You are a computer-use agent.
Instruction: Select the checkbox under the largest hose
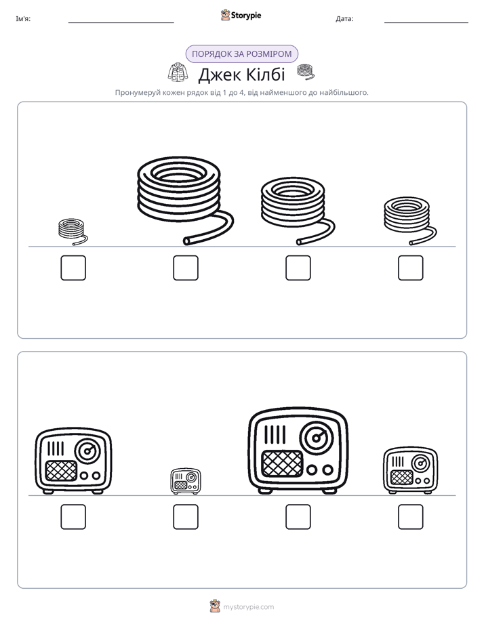[x=186, y=268]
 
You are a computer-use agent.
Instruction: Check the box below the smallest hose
[x=73, y=268]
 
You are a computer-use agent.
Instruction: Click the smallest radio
[x=186, y=481]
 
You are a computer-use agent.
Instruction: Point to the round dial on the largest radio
[x=317, y=438]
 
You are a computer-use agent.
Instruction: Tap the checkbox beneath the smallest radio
[x=186, y=517]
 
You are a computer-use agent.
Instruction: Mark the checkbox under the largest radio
[x=298, y=517]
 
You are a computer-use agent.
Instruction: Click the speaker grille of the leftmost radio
[x=61, y=471]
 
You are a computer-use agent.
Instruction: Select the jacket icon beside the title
[x=178, y=72]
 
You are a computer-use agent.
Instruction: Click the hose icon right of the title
[x=306, y=72]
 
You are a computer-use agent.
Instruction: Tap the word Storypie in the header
[x=246, y=15]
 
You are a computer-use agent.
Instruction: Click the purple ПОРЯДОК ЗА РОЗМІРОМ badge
[x=241, y=54]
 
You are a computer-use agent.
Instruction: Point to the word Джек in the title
[x=218, y=75]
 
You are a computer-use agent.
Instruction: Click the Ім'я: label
[x=23, y=18]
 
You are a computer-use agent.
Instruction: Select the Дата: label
[x=344, y=18]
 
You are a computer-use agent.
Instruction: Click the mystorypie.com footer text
[x=248, y=607]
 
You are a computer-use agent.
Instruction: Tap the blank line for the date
[x=426, y=22]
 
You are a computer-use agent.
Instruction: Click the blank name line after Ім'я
[x=121, y=22]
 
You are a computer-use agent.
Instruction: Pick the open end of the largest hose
[x=187, y=241]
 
